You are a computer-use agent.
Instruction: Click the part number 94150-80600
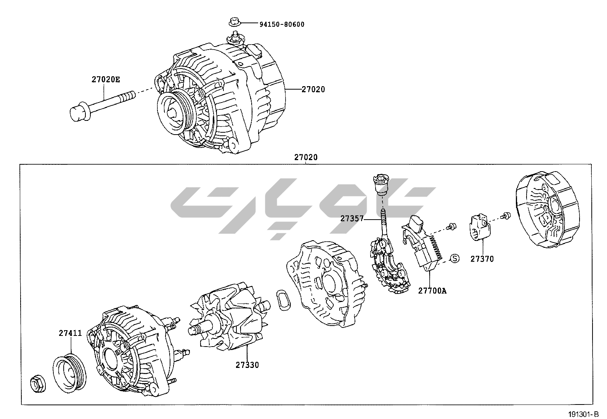pos(282,25)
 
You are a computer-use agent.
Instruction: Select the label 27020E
pos(105,80)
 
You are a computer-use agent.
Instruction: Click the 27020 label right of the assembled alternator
pos(313,90)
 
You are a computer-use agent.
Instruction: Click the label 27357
pos(352,219)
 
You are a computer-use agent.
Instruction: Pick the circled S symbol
pos(454,258)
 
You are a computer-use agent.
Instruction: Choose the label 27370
pos(482,259)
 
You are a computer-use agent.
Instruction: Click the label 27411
pos(70,333)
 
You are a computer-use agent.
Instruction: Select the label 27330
pos(247,365)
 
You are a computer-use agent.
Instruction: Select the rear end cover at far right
pos(546,215)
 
